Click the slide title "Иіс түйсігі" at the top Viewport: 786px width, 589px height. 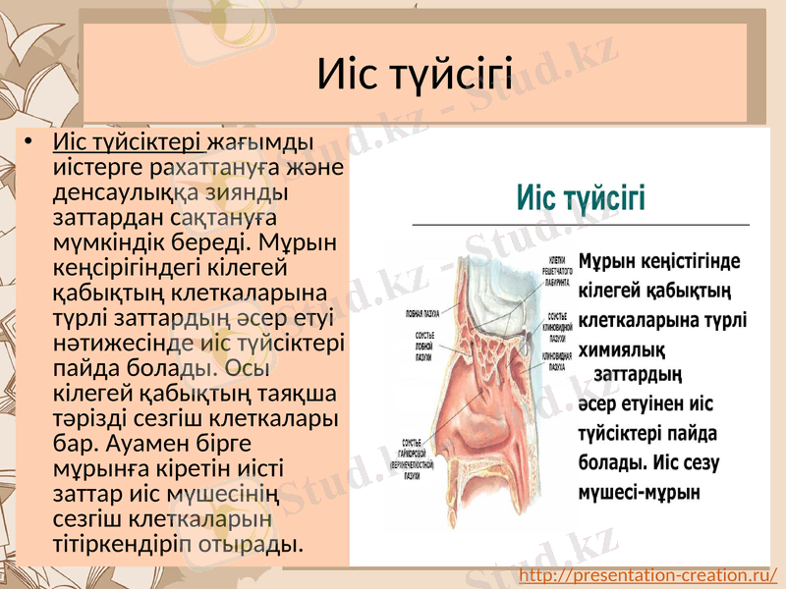tap(415, 74)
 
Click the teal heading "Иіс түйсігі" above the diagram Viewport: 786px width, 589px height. tap(581, 198)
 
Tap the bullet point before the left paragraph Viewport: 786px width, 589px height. tap(31, 144)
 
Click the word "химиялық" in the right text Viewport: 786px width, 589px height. tap(623, 348)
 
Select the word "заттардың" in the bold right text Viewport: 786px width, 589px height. tap(639, 375)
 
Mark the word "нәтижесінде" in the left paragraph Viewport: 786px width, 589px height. tap(106, 343)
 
